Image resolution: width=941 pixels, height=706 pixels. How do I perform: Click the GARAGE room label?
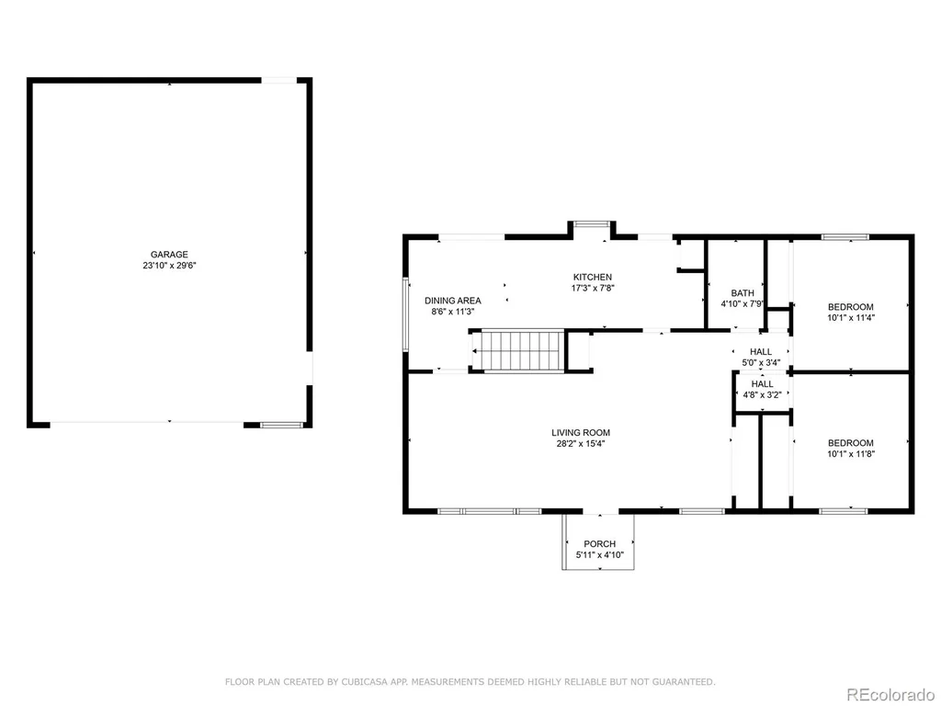(169, 255)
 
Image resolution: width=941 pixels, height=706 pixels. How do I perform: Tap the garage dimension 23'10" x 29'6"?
(169, 266)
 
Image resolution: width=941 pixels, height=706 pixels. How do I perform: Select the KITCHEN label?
(593, 277)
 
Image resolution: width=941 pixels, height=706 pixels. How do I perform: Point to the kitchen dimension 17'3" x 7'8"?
(593, 288)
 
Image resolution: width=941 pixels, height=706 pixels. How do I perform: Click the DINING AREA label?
(453, 301)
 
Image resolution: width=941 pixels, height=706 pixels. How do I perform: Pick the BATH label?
(743, 293)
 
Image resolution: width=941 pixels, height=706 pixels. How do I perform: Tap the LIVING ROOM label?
(581, 433)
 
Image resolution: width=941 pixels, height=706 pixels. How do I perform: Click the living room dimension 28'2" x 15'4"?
(581, 444)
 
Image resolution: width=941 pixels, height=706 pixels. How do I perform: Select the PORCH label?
(599, 544)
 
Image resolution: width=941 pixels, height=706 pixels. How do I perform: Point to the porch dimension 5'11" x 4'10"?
(599, 554)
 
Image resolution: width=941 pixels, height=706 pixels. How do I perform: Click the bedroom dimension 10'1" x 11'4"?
(851, 317)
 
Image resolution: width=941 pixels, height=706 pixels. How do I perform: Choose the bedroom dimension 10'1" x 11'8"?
(851, 454)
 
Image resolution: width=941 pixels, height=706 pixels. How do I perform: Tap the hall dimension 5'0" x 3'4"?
(761, 362)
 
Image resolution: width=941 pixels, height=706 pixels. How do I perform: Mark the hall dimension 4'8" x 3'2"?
(762, 395)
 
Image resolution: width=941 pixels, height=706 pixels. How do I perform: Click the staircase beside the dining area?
(518, 351)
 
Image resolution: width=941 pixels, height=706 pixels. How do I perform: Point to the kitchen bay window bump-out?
(593, 230)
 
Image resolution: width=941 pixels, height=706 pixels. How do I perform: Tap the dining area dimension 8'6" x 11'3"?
(453, 312)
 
